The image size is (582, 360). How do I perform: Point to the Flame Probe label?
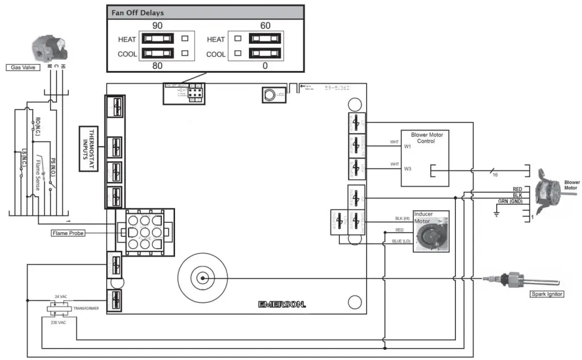[68, 233]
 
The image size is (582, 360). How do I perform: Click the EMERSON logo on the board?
[281, 304]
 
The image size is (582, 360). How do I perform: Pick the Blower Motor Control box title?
[426, 138]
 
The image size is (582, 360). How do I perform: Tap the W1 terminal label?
[408, 147]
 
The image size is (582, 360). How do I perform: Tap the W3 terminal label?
[408, 168]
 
